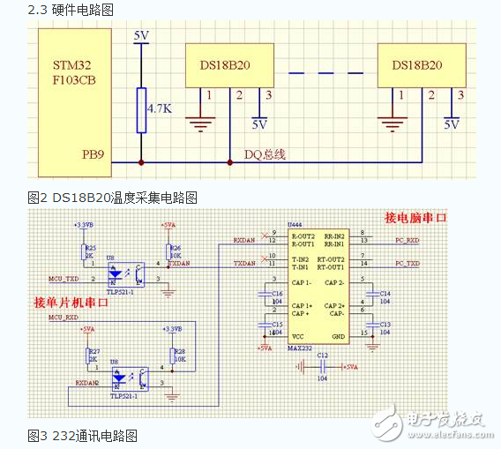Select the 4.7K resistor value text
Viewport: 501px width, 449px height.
pyautogui.click(x=159, y=109)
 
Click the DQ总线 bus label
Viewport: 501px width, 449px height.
pyautogui.click(x=265, y=154)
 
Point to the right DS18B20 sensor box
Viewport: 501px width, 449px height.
pyautogui.click(x=416, y=65)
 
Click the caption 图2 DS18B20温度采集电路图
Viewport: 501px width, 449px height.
pyautogui.click(x=109, y=196)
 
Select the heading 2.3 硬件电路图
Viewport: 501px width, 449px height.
pyautogui.click(x=71, y=10)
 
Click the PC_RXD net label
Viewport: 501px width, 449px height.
pyautogui.click(x=407, y=239)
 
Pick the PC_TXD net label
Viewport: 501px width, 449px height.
pyautogui.click(x=407, y=263)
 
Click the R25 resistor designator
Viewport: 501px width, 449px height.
pyautogui.click(x=90, y=248)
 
